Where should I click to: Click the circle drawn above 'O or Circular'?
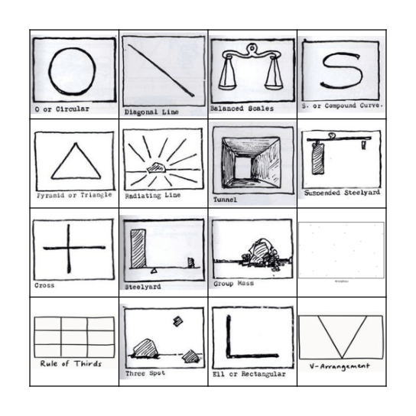73,70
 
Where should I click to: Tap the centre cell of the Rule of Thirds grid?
73,333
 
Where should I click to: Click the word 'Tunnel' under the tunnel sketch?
225,200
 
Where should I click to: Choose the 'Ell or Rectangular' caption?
249,375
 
